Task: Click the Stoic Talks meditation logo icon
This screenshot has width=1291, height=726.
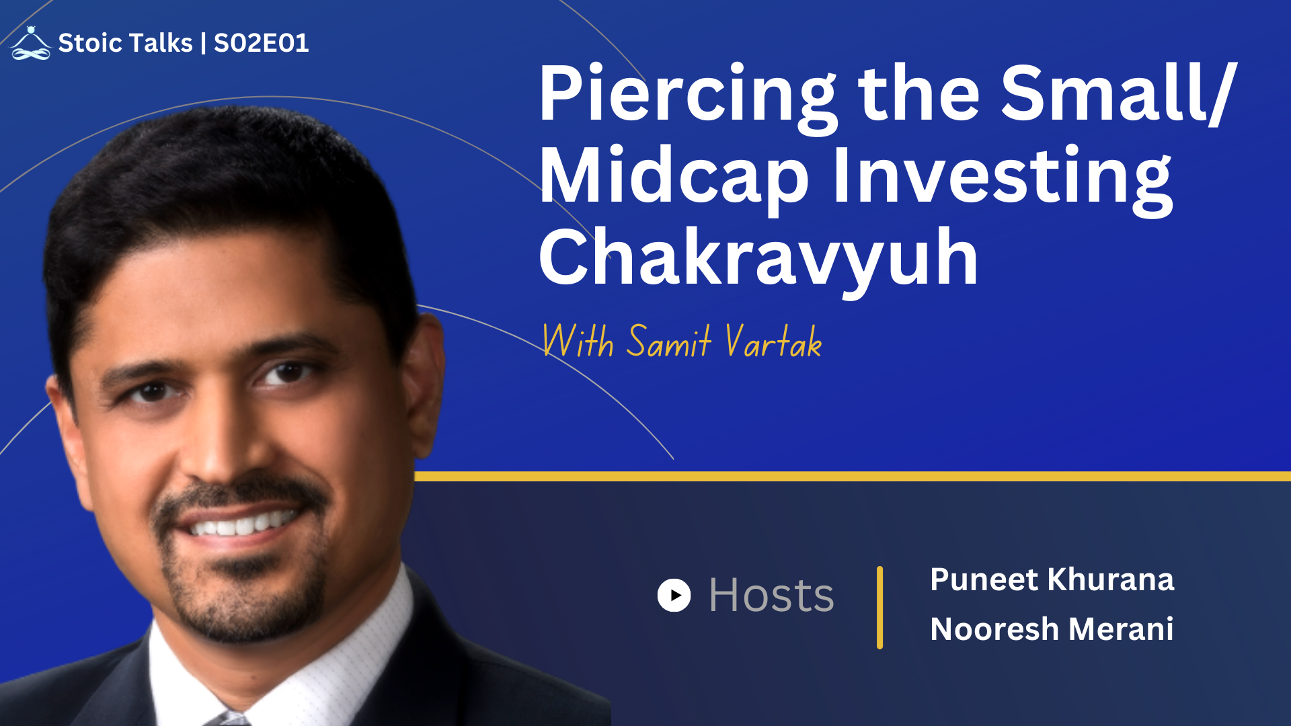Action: (31, 43)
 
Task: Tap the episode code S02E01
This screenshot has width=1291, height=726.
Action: (261, 43)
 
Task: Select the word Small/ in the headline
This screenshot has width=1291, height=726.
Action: (1118, 94)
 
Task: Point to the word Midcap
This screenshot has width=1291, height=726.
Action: (674, 176)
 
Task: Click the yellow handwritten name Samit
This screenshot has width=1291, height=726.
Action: (668, 341)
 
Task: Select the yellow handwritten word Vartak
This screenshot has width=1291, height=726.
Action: (773, 341)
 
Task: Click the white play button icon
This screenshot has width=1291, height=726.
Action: (674, 595)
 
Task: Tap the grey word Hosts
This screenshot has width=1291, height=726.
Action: (771, 596)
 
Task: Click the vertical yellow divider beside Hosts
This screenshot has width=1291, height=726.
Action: (879, 607)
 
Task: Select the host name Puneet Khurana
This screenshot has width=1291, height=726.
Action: (1052, 579)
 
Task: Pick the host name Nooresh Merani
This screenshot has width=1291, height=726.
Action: (1052, 629)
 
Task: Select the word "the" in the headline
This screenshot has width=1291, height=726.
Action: (918, 94)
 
